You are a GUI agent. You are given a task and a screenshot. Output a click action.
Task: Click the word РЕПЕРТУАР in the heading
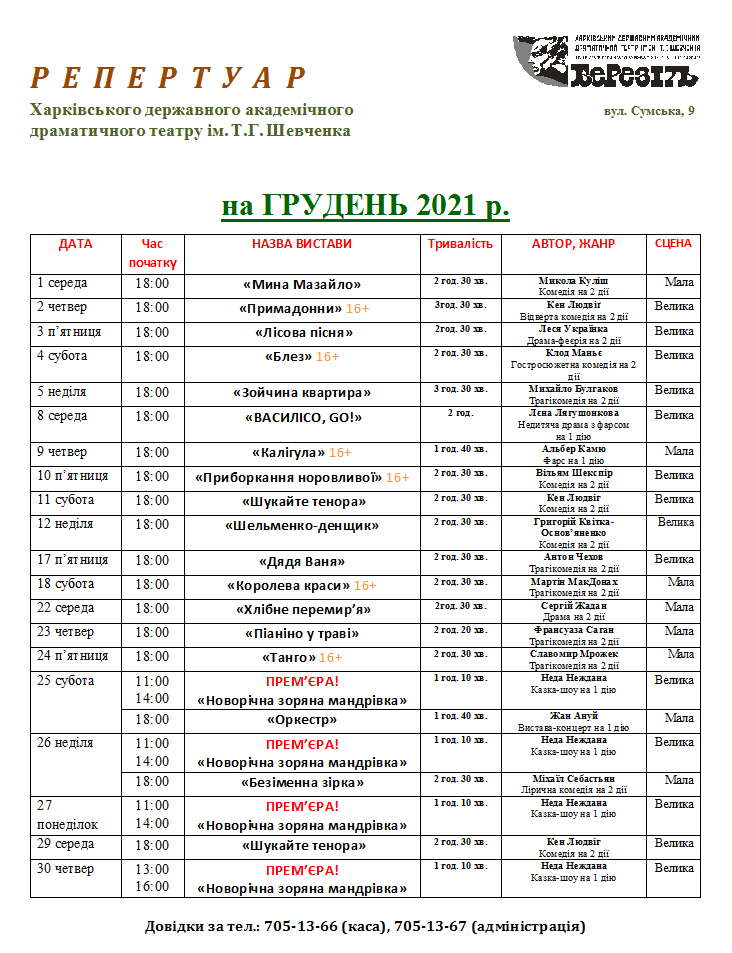pyautogui.click(x=167, y=77)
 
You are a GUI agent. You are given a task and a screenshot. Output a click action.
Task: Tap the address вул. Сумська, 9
pyautogui.click(x=649, y=110)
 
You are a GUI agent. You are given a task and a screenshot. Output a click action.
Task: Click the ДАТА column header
pyautogui.click(x=75, y=244)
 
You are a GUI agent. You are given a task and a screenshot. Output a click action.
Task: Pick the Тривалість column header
pyautogui.click(x=460, y=244)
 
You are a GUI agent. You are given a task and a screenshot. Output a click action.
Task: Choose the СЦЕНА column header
pyautogui.click(x=673, y=243)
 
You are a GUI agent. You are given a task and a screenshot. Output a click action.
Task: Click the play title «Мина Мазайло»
pyautogui.click(x=301, y=284)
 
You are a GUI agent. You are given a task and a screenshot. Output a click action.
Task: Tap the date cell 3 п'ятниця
pyautogui.click(x=69, y=331)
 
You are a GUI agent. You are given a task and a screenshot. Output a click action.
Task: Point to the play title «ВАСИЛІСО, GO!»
pyautogui.click(x=301, y=417)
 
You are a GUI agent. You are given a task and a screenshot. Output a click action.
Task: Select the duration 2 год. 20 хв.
pyautogui.click(x=460, y=629)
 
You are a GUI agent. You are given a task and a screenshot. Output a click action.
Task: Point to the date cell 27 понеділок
pyautogui.click(x=67, y=814)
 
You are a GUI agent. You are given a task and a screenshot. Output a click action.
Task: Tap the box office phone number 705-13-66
pyautogui.click(x=299, y=927)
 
